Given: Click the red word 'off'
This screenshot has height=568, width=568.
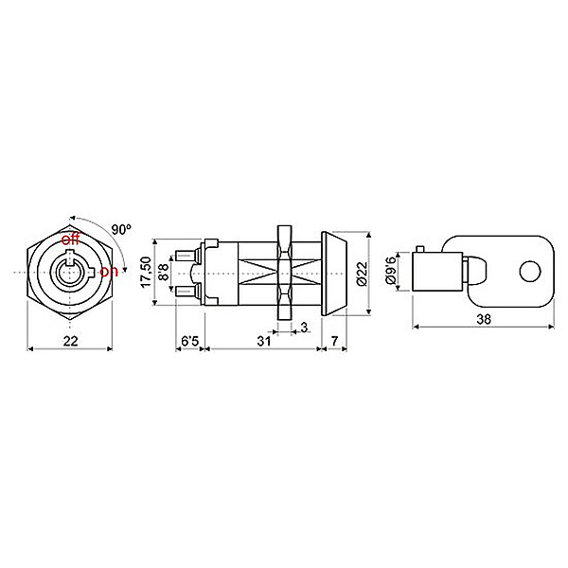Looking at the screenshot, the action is click(x=70, y=240).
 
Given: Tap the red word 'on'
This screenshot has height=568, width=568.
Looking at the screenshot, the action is click(x=109, y=272).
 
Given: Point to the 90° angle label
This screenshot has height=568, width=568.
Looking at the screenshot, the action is click(x=121, y=229).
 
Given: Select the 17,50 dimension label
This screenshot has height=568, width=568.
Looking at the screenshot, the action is click(x=147, y=272).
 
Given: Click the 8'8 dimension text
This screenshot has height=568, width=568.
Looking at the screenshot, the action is click(x=164, y=272).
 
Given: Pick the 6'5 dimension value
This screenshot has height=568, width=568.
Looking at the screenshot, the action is click(x=190, y=341).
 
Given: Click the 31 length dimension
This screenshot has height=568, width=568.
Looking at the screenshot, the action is click(x=264, y=341).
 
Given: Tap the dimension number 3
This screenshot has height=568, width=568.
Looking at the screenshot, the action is click(x=304, y=328).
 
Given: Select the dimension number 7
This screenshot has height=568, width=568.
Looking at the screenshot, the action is click(x=334, y=341).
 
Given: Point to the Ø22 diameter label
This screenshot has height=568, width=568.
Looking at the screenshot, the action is click(x=363, y=274).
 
